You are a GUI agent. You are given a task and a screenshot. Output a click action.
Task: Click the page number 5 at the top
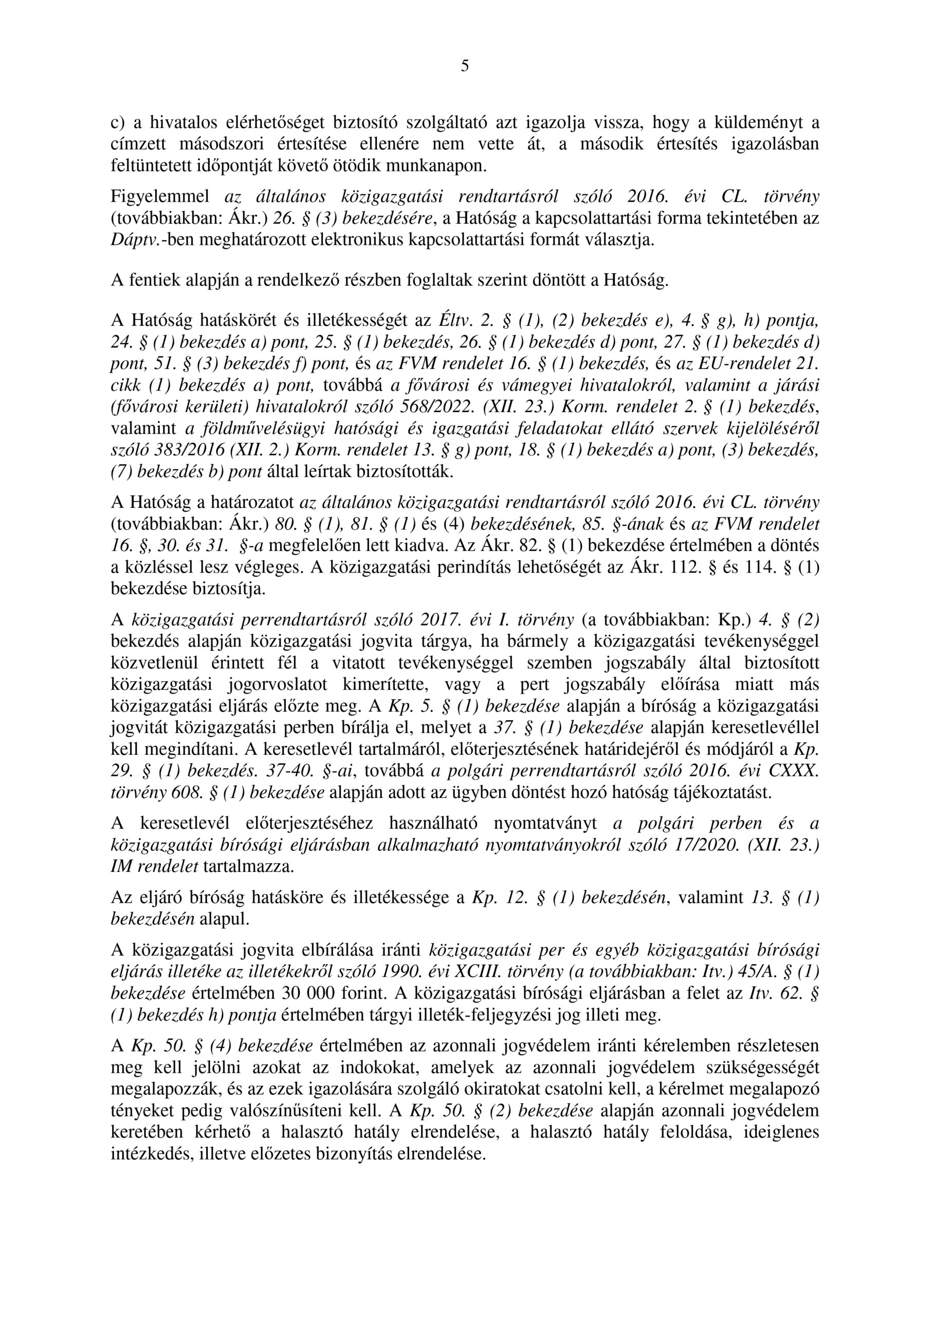[x=464, y=66]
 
